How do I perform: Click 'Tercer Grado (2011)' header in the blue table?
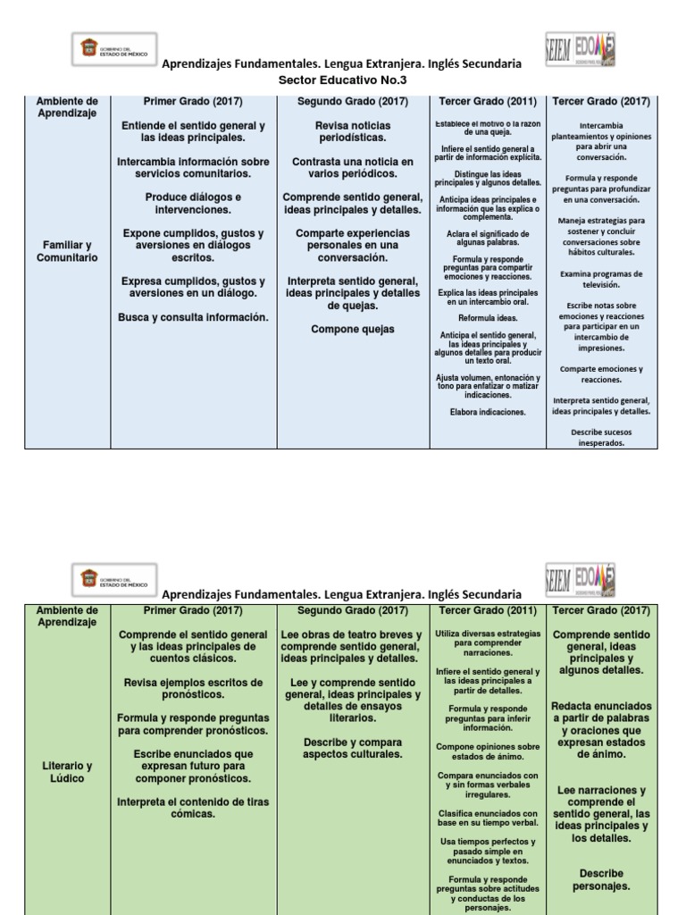click(x=487, y=101)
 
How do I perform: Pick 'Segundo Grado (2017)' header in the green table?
click(x=351, y=611)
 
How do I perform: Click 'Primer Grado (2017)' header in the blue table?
click(x=193, y=101)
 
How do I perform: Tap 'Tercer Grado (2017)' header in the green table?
click(x=601, y=611)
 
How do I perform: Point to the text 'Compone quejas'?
click(x=352, y=329)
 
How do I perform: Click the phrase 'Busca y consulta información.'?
click(x=193, y=316)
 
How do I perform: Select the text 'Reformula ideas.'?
click(x=487, y=318)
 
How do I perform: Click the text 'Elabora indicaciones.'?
click(x=487, y=412)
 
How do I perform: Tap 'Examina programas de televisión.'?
click(x=601, y=280)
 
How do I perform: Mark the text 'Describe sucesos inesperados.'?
click(x=601, y=437)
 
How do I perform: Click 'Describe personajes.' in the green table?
click(x=601, y=879)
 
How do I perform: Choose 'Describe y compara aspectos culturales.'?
click(x=352, y=748)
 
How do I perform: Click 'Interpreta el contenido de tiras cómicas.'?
click(x=193, y=808)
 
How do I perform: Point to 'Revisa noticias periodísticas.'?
click(x=352, y=132)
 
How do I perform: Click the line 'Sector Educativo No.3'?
click(x=342, y=79)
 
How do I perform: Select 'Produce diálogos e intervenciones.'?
click(x=193, y=203)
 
